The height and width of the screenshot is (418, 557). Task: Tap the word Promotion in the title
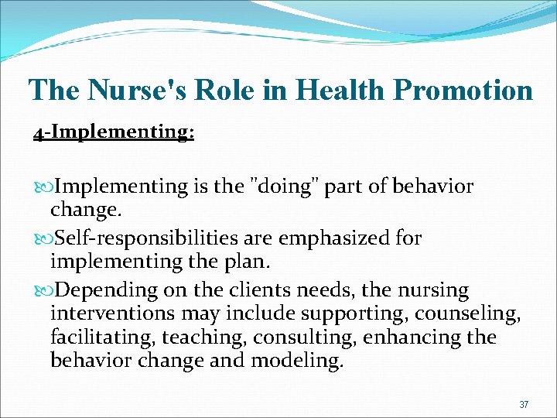tap(463, 90)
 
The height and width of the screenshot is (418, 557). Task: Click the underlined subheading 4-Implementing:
tap(114, 132)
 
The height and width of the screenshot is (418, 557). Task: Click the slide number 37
tap(524, 404)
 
